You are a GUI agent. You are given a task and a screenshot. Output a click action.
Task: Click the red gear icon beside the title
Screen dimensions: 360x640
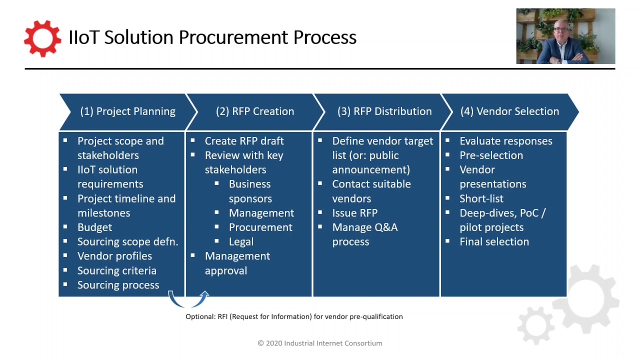coord(42,38)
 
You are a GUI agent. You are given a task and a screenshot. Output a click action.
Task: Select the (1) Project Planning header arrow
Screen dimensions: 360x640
coord(127,111)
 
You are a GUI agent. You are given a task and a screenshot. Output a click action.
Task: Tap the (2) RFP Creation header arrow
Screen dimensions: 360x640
coord(255,111)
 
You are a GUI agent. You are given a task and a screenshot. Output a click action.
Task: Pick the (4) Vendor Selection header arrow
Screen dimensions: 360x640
coord(509,111)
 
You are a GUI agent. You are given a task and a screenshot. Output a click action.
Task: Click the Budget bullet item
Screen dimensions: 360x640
coord(94,227)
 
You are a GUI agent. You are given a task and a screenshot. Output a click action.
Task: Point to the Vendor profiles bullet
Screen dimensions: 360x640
coord(114,256)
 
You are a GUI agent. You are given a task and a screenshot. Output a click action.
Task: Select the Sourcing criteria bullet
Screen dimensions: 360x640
coord(116,270)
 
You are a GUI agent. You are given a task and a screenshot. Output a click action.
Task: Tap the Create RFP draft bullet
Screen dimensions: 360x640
coord(244,141)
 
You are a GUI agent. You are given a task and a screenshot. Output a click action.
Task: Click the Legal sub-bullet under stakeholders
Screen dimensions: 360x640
coord(241,242)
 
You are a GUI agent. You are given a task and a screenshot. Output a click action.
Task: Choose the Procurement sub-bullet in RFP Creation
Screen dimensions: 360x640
coord(260,227)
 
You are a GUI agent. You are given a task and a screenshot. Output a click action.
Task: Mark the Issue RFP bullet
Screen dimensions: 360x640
coord(354,213)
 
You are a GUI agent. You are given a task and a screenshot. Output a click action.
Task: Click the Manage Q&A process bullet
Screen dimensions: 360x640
coord(364,234)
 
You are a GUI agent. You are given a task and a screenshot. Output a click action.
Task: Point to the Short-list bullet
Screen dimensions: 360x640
coord(481,198)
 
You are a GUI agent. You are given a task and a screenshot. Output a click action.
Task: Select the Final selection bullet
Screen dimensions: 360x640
coord(494,242)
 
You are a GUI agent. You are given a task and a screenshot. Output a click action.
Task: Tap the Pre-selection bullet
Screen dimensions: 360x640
coord(491,155)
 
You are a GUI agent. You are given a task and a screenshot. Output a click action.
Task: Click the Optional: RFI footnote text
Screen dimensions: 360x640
coord(294,316)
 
